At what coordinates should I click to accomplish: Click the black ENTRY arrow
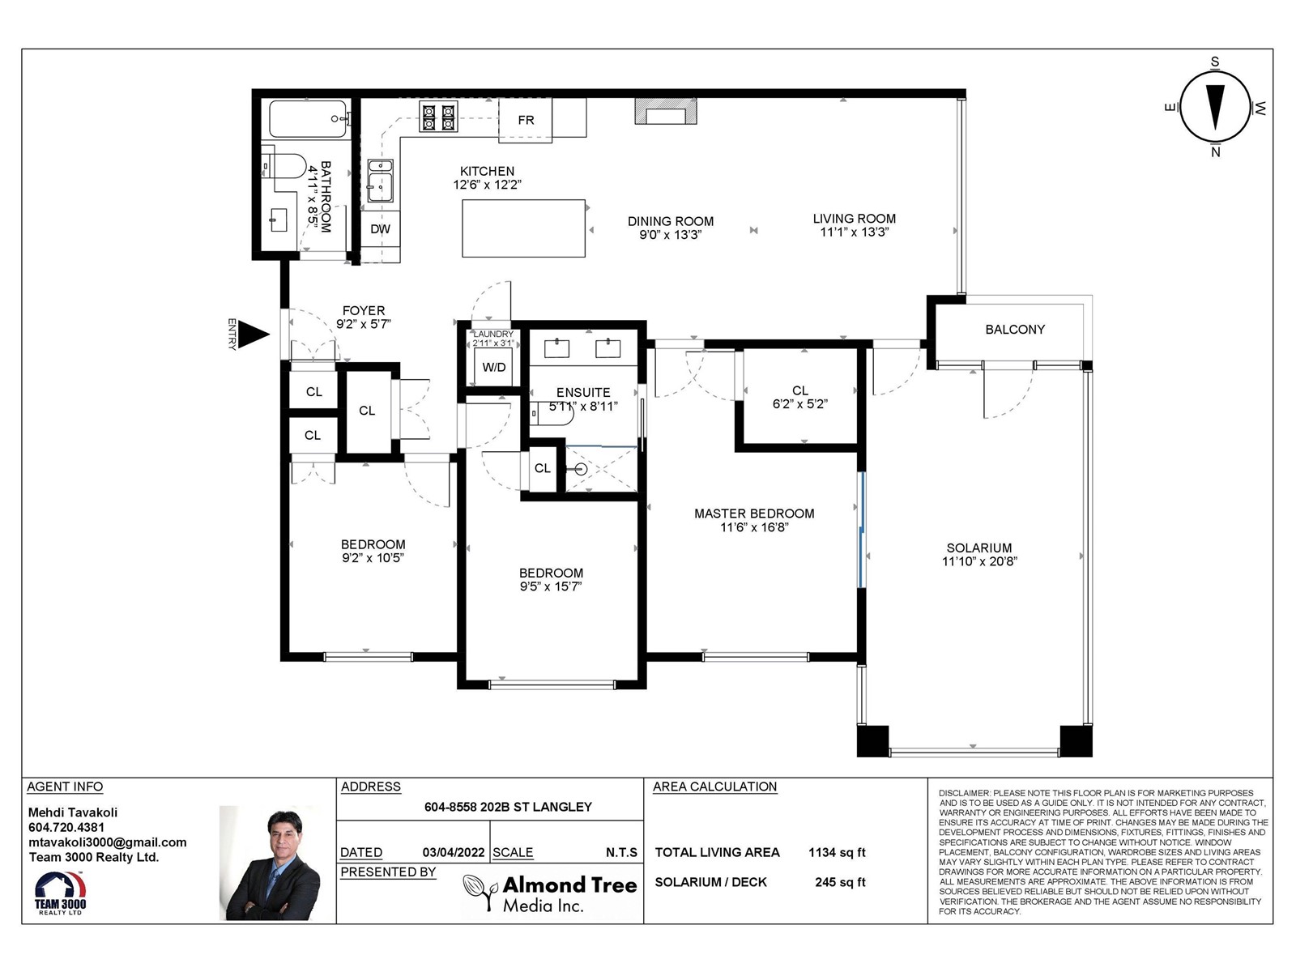253,335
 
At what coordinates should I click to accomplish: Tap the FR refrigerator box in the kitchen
526,121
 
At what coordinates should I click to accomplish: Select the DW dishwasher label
380,229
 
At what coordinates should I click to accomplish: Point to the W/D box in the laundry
493,367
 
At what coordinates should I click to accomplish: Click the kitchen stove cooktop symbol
439,117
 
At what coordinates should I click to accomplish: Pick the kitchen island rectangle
524,228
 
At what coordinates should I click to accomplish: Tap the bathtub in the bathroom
309,119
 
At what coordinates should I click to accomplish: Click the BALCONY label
1015,330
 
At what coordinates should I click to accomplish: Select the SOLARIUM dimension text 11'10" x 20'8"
979,561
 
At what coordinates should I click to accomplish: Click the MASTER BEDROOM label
754,514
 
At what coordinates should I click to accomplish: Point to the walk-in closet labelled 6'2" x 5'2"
800,396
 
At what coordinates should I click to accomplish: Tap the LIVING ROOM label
855,219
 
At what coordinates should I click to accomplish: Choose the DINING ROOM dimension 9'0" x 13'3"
671,235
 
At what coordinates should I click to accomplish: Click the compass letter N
1215,152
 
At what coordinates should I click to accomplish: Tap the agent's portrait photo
271,863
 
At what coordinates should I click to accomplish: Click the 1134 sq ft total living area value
838,852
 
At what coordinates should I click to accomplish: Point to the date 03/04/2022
454,852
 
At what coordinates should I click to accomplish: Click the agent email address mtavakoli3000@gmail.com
108,842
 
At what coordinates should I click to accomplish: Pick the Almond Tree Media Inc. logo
550,893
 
